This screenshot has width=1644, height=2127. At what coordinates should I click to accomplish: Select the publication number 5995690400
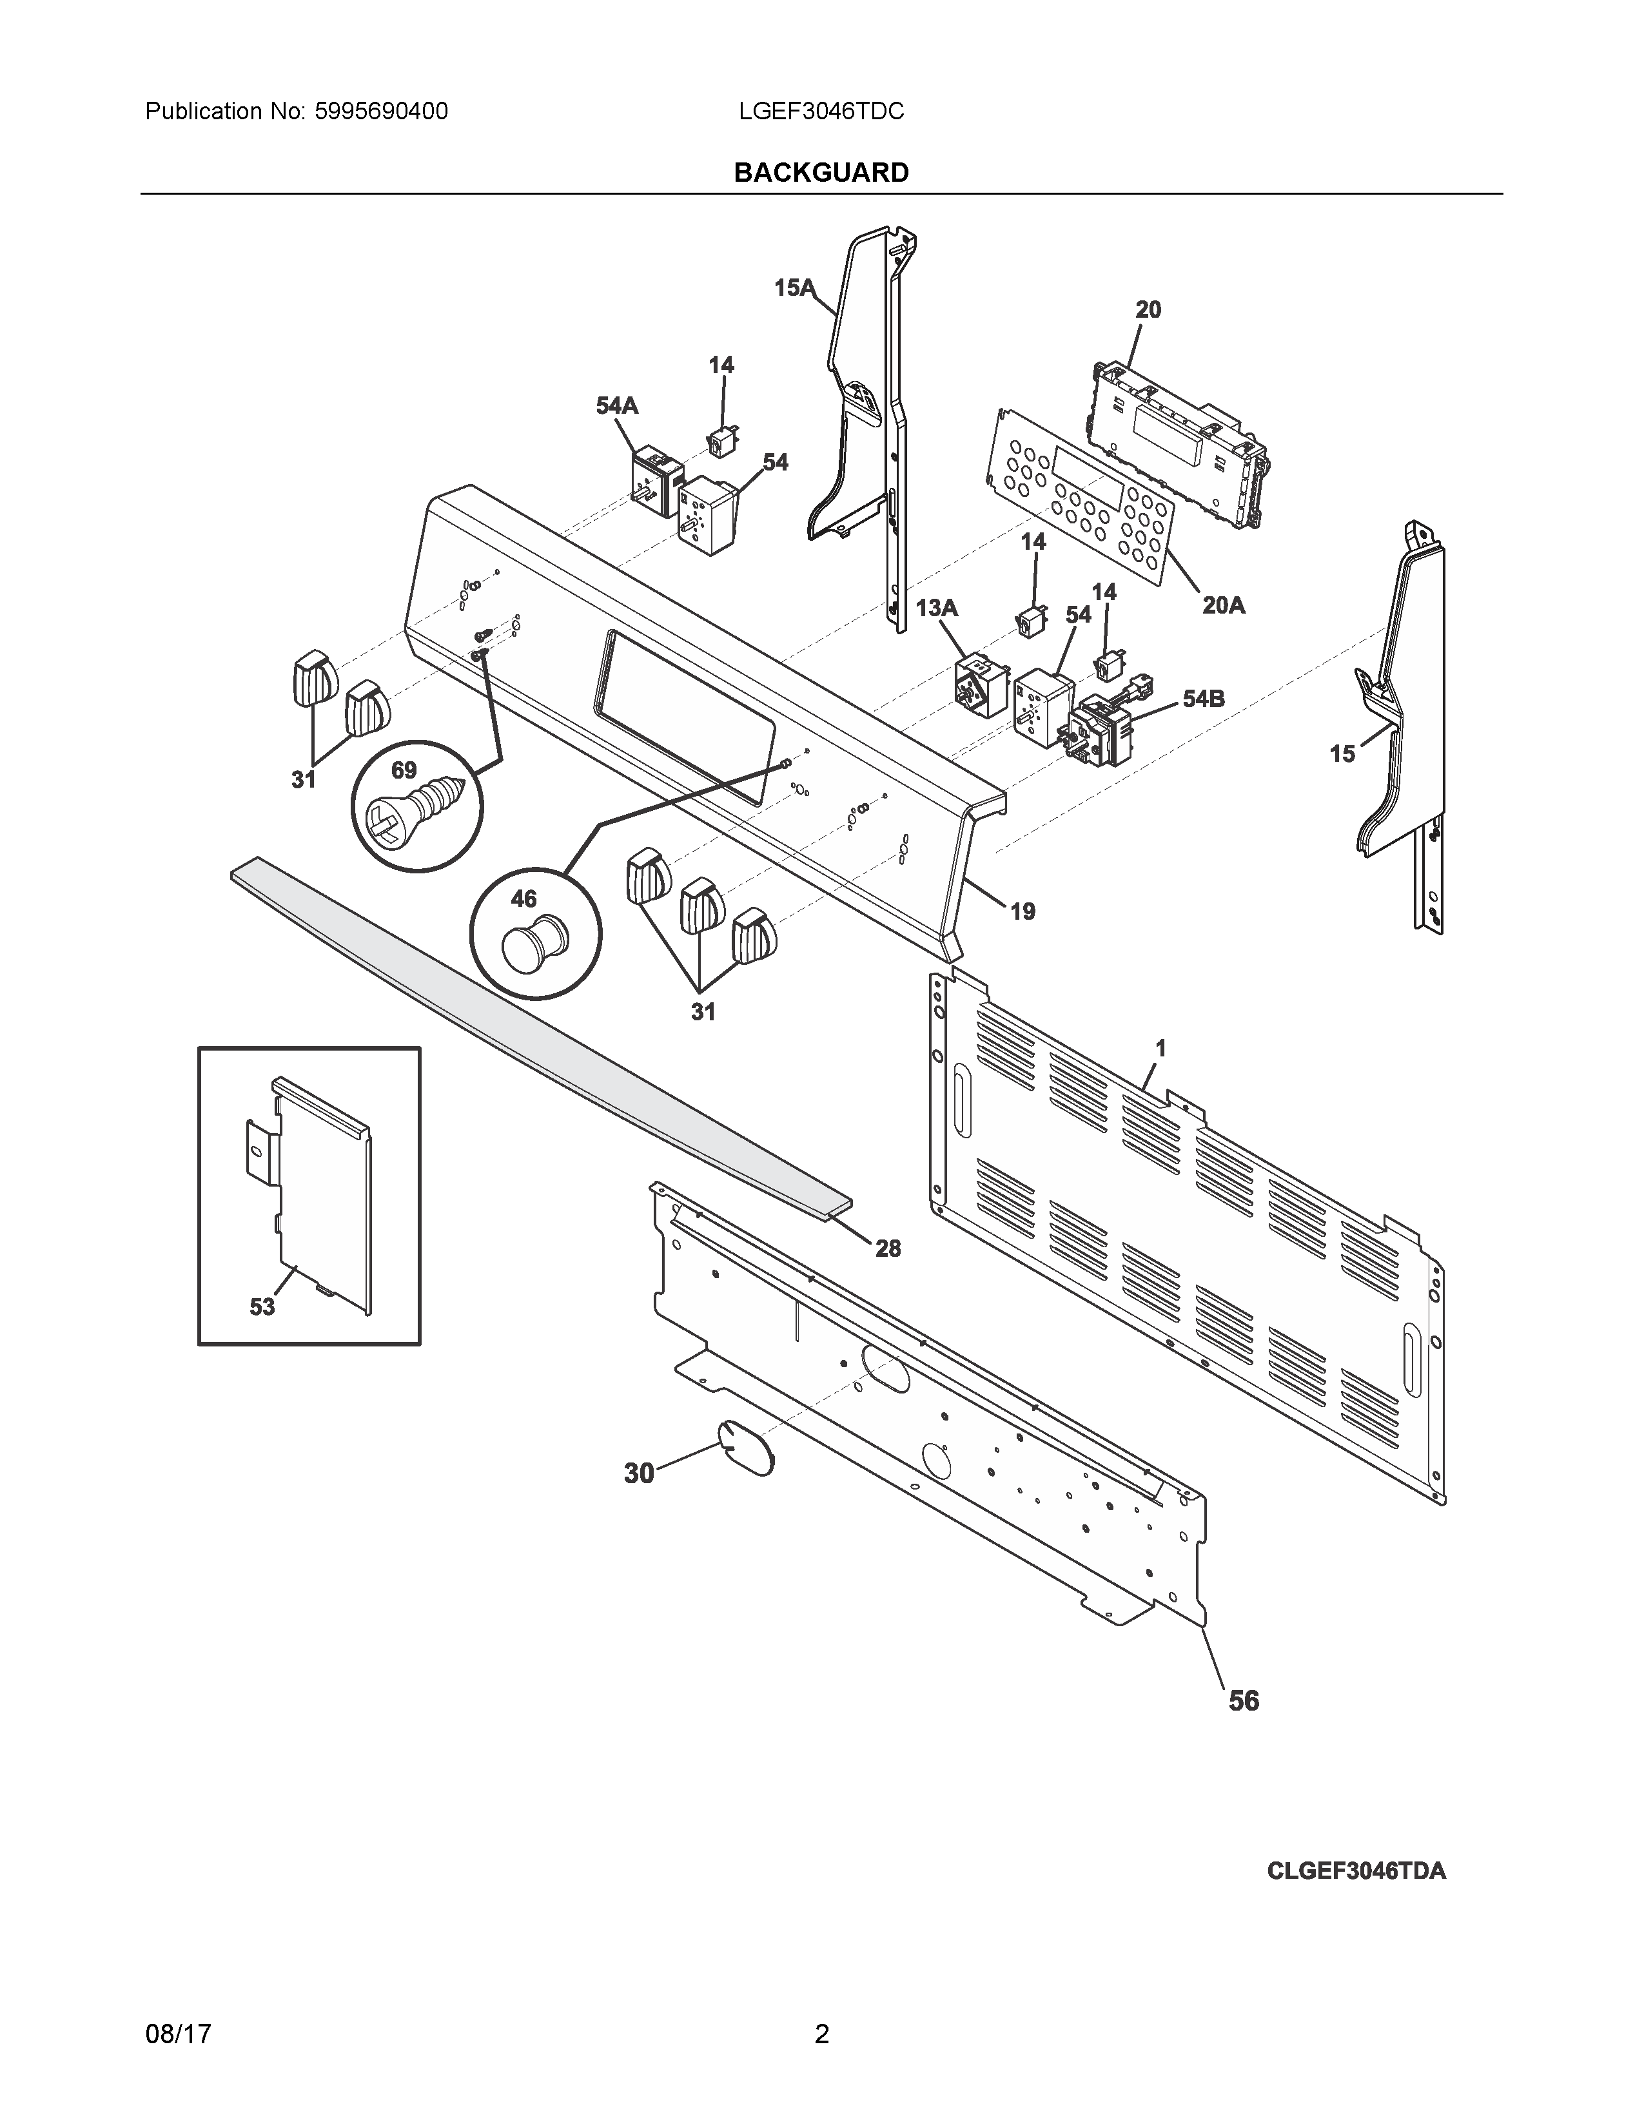(381, 112)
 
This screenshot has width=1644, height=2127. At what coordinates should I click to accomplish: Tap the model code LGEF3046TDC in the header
(821, 112)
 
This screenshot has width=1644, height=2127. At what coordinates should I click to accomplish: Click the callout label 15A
(794, 287)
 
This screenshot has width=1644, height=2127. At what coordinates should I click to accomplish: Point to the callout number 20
(1148, 309)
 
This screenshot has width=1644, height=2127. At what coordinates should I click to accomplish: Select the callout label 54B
(1203, 698)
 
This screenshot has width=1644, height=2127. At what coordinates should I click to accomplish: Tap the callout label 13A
(936, 608)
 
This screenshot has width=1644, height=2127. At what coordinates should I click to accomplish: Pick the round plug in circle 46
(529, 945)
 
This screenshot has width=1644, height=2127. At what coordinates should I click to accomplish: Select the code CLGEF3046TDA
(1356, 1871)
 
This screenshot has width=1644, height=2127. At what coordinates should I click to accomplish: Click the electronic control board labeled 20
(1181, 444)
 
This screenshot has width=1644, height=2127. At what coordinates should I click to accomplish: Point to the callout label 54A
(616, 405)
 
